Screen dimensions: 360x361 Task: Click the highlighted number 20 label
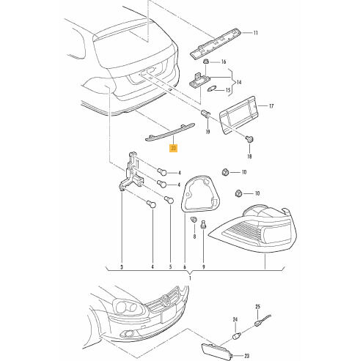(x=174, y=148)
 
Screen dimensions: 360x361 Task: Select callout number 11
(x=255, y=33)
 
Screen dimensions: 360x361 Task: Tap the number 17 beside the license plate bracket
(x=271, y=106)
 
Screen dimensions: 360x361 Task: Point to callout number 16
(x=224, y=62)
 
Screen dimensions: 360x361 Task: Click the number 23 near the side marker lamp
(x=246, y=356)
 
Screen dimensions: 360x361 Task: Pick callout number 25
(x=258, y=307)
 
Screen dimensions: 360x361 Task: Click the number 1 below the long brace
(x=191, y=278)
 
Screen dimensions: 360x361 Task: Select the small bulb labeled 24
(x=237, y=336)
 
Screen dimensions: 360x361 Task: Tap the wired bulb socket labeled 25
(x=262, y=320)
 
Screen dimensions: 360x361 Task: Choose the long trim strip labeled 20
(x=170, y=132)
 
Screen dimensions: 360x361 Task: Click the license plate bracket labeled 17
(x=239, y=115)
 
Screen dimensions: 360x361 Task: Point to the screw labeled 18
(x=249, y=139)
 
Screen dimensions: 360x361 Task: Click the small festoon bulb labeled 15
(x=210, y=89)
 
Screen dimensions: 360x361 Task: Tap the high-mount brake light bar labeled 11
(x=216, y=43)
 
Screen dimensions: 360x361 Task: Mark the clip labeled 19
(x=205, y=113)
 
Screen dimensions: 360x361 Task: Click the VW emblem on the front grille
(x=166, y=299)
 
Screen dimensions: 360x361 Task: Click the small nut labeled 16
(x=207, y=61)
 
